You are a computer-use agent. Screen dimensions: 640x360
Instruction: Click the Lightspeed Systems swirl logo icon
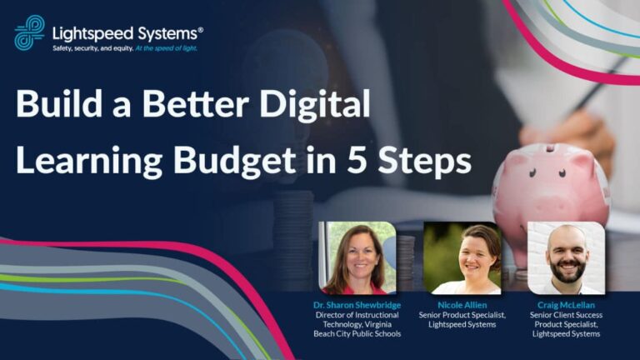click(x=29, y=32)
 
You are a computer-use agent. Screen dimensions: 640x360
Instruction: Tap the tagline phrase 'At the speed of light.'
click(x=166, y=48)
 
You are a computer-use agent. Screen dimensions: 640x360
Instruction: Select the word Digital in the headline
click(x=315, y=105)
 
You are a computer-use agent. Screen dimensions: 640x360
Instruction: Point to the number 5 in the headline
click(x=358, y=160)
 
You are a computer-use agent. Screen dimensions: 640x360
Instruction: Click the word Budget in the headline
click(x=235, y=161)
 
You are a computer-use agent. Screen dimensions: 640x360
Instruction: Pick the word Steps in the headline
click(x=424, y=161)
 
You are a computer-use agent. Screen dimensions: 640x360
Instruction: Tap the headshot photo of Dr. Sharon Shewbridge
click(x=357, y=258)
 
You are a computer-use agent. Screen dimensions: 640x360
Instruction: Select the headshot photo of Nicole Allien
click(x=462, y=258)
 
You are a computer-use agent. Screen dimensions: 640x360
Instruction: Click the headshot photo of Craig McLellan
click(x=566, y=258)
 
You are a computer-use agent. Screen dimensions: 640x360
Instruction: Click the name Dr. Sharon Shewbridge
click(x=357, y=305)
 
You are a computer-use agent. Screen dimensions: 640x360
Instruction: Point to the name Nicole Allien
click(x=462, y=305)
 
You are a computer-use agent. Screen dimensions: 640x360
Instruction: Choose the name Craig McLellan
click(x=566, y=305)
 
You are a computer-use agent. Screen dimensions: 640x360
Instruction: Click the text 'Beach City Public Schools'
click(x=357, y=334)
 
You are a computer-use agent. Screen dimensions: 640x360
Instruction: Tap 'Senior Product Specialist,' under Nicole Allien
click(x=462, y=315)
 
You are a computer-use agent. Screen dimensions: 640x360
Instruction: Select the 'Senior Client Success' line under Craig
click(x=566, y=315)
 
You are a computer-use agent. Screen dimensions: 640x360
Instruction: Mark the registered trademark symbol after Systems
click(x=200, y=30)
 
